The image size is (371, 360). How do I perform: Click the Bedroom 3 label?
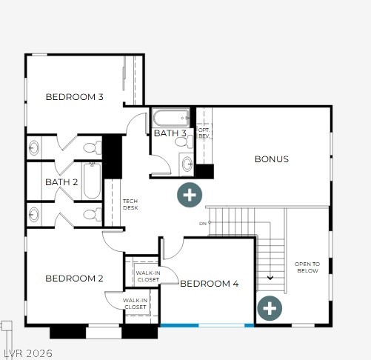coord(74,97)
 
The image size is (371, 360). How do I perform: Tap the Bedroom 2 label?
coord(74,279)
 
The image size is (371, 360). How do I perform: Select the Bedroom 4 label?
coord(210,284)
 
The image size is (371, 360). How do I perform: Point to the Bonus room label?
coord(272,159)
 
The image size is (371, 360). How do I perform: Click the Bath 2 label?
coord(61,182)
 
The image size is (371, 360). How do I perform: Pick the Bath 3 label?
coord(170,133)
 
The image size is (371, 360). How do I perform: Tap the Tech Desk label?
coord(130,204)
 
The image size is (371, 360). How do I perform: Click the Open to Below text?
coord(307,267)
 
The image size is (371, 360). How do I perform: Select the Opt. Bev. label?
coord(204,133)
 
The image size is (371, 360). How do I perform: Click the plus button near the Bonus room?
coord(190,195)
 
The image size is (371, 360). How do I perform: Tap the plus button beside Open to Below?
coord(270,308)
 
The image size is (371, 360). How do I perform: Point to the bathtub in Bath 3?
coord(171,118)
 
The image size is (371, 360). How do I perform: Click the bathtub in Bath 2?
coord(92,181)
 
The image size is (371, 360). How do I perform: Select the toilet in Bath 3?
coord(184,141)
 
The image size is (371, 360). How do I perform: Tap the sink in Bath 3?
coord(187,164)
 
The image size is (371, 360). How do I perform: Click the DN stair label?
coord(203,224)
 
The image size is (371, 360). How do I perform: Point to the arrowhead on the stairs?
coord(270,278)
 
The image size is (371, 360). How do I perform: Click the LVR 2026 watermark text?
coord(28,353)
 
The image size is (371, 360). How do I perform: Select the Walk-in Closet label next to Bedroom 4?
coord(148,276)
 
